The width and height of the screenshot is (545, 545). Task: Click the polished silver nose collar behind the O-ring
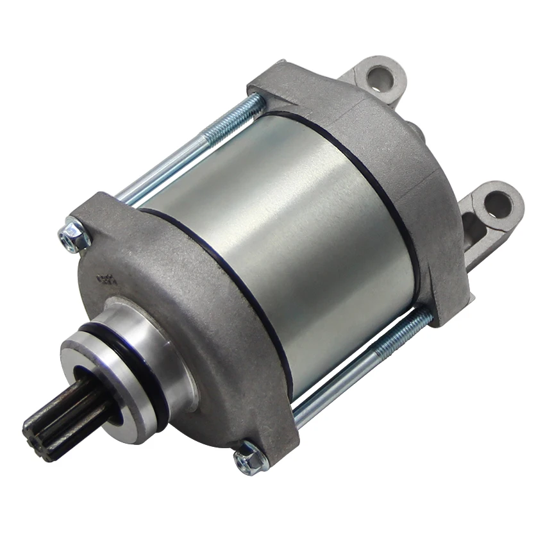(x=157, y=346)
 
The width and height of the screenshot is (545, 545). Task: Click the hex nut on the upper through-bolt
(x=74, y=236)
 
